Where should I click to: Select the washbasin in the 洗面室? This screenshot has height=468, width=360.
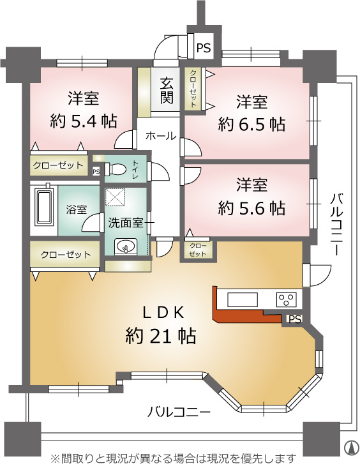pos(126,246)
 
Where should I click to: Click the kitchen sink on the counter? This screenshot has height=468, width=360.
pos(243,299)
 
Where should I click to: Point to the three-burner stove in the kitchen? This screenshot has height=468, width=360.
pos(287,299)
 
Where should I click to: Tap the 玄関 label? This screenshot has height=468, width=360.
pos(166,90)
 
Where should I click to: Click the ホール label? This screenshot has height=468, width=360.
pos(161,137)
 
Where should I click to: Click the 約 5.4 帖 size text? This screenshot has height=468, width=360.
pos(83,121)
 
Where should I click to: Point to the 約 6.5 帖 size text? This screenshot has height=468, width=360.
pos(251,125)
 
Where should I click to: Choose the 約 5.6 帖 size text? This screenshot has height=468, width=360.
pos(251,208)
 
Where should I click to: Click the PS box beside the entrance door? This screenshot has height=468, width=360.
pos(203,48)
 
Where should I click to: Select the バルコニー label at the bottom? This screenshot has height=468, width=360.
pos(179,412)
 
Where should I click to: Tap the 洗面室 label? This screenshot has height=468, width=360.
pos(126,222)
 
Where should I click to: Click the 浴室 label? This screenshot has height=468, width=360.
pos(77,209)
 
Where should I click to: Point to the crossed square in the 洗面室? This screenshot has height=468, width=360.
pos(116,197)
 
